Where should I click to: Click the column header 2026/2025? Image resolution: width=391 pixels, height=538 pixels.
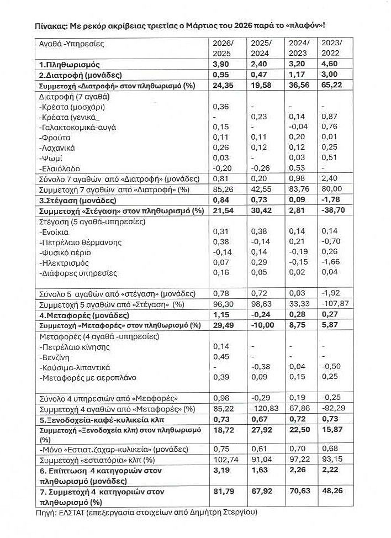(x=223, y=48)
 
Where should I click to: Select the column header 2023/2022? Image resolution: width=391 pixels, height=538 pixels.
(x=333, y=48)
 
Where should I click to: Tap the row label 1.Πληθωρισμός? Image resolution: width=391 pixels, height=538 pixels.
(x=69, y=65)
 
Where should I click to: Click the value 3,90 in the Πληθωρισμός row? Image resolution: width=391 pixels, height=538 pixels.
(x=221, y=65)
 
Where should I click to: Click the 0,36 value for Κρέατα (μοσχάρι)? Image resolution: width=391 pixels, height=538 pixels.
(x=221, y=107)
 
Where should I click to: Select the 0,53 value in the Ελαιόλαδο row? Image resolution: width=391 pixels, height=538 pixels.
(x=298, y=168)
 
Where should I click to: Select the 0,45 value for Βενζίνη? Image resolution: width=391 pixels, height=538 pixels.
(x=221, y=357)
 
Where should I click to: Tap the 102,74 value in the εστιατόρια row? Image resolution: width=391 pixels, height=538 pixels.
(x=224, y=461)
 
